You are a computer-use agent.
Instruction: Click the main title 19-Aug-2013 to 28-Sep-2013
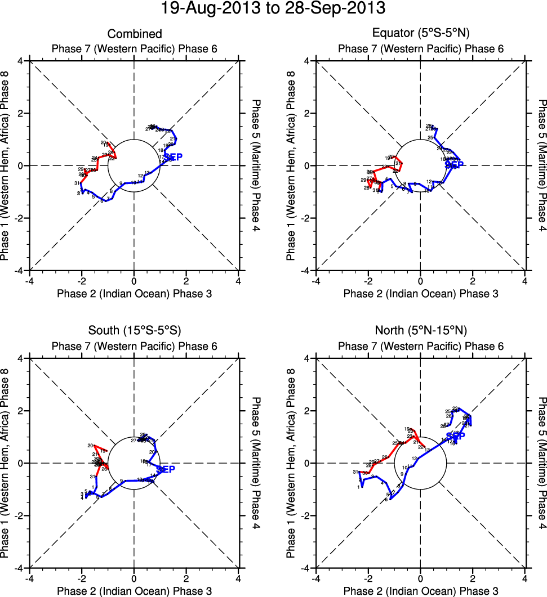point(273,9)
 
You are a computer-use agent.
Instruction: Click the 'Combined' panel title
point(134,34)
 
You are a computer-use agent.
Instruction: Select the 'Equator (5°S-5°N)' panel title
point(421,34)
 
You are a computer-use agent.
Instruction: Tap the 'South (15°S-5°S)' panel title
point(134,330)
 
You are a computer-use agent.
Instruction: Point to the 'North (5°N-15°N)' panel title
point(421,330)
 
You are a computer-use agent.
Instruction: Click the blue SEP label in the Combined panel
point(172,157)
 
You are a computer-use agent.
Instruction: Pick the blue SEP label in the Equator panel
point(454,165)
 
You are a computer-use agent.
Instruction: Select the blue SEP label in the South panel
point(166,469)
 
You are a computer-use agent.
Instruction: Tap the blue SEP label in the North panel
point(456,436)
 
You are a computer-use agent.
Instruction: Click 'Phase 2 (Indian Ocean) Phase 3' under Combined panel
point(134,294)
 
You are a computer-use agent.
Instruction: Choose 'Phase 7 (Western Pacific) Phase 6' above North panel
point(421,346)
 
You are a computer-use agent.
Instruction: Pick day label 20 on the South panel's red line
point(90,446)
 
